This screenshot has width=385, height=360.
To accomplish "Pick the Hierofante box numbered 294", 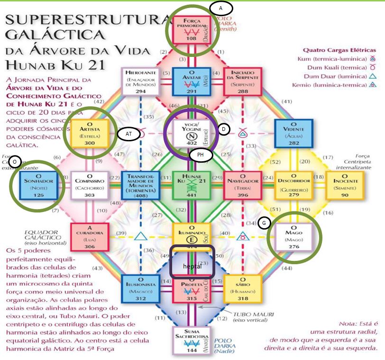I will tap(140, 81).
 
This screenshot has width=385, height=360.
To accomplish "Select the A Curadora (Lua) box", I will tap(87, 236).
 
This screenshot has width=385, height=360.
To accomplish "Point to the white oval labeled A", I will tap(220, 8).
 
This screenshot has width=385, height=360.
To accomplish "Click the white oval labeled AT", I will tap(128, 134).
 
